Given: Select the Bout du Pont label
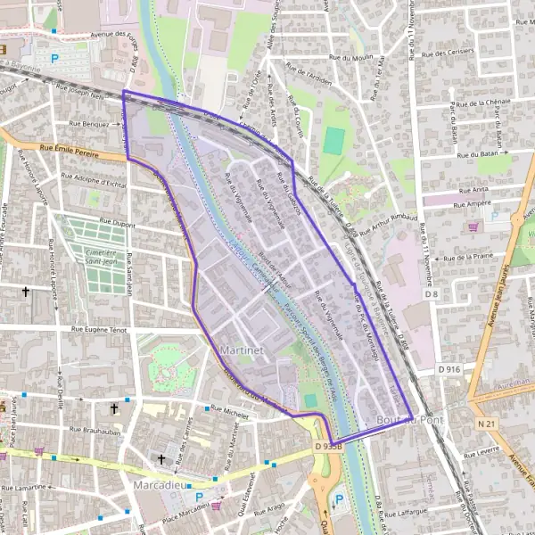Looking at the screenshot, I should tap(409, 420).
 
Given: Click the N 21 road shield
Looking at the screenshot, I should tap(485, 424).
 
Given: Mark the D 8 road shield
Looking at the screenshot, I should tap(432, 293).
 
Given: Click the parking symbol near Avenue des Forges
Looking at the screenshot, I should tap(55, 59).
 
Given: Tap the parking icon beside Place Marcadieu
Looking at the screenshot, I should tap(198, 498).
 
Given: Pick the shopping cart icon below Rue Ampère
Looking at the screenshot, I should tap(473, 226).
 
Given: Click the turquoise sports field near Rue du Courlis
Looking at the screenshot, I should tap(334, 140).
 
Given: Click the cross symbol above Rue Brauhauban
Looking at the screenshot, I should tap(113, 408).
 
